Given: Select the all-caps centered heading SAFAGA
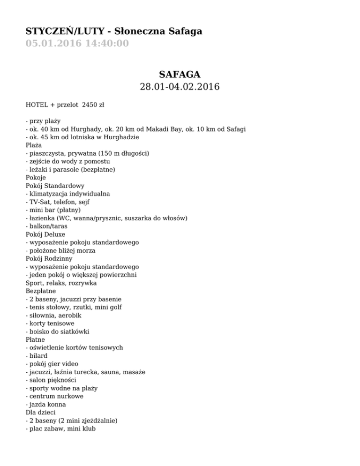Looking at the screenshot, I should click(180, 74).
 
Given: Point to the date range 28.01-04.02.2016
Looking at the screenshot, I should click(180, 87).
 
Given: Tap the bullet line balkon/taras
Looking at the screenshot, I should click(46, 226).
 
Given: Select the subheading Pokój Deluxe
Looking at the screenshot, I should click(46, 234).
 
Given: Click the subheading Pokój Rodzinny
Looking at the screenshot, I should click(48, 258).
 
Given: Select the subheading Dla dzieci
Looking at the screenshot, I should click(41, 413).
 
